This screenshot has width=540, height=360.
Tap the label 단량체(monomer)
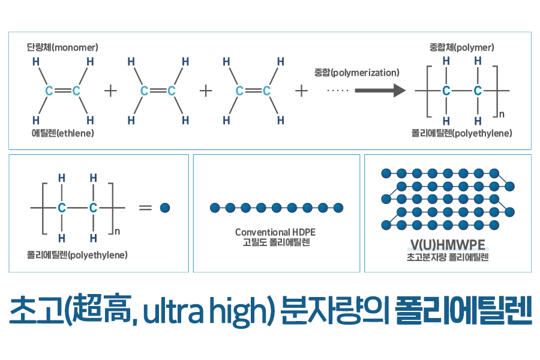tap(62, 47)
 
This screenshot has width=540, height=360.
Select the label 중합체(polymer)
tap(461, 47)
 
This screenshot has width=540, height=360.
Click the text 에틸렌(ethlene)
tap(62, 133)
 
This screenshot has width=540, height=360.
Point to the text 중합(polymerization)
tap(356, 73)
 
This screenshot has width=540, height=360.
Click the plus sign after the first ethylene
tap(110, 91)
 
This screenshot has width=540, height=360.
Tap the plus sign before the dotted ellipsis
tap(302, 91)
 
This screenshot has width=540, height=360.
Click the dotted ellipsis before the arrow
tap(338, 91)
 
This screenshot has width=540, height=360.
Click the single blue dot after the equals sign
tap(166, 208)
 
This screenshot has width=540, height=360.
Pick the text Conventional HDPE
tap(275, 232)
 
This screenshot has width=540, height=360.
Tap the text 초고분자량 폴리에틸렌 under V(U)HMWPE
tap(448, 258)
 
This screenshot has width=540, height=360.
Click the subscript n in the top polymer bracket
tap(502, 113)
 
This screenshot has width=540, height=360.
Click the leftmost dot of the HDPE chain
tap(214, 208)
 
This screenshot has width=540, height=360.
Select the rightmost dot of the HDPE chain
tap(338, 208)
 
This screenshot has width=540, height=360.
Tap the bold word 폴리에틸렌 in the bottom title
tap(464, 316)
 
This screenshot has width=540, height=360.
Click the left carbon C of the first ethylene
tap(49, 91)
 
